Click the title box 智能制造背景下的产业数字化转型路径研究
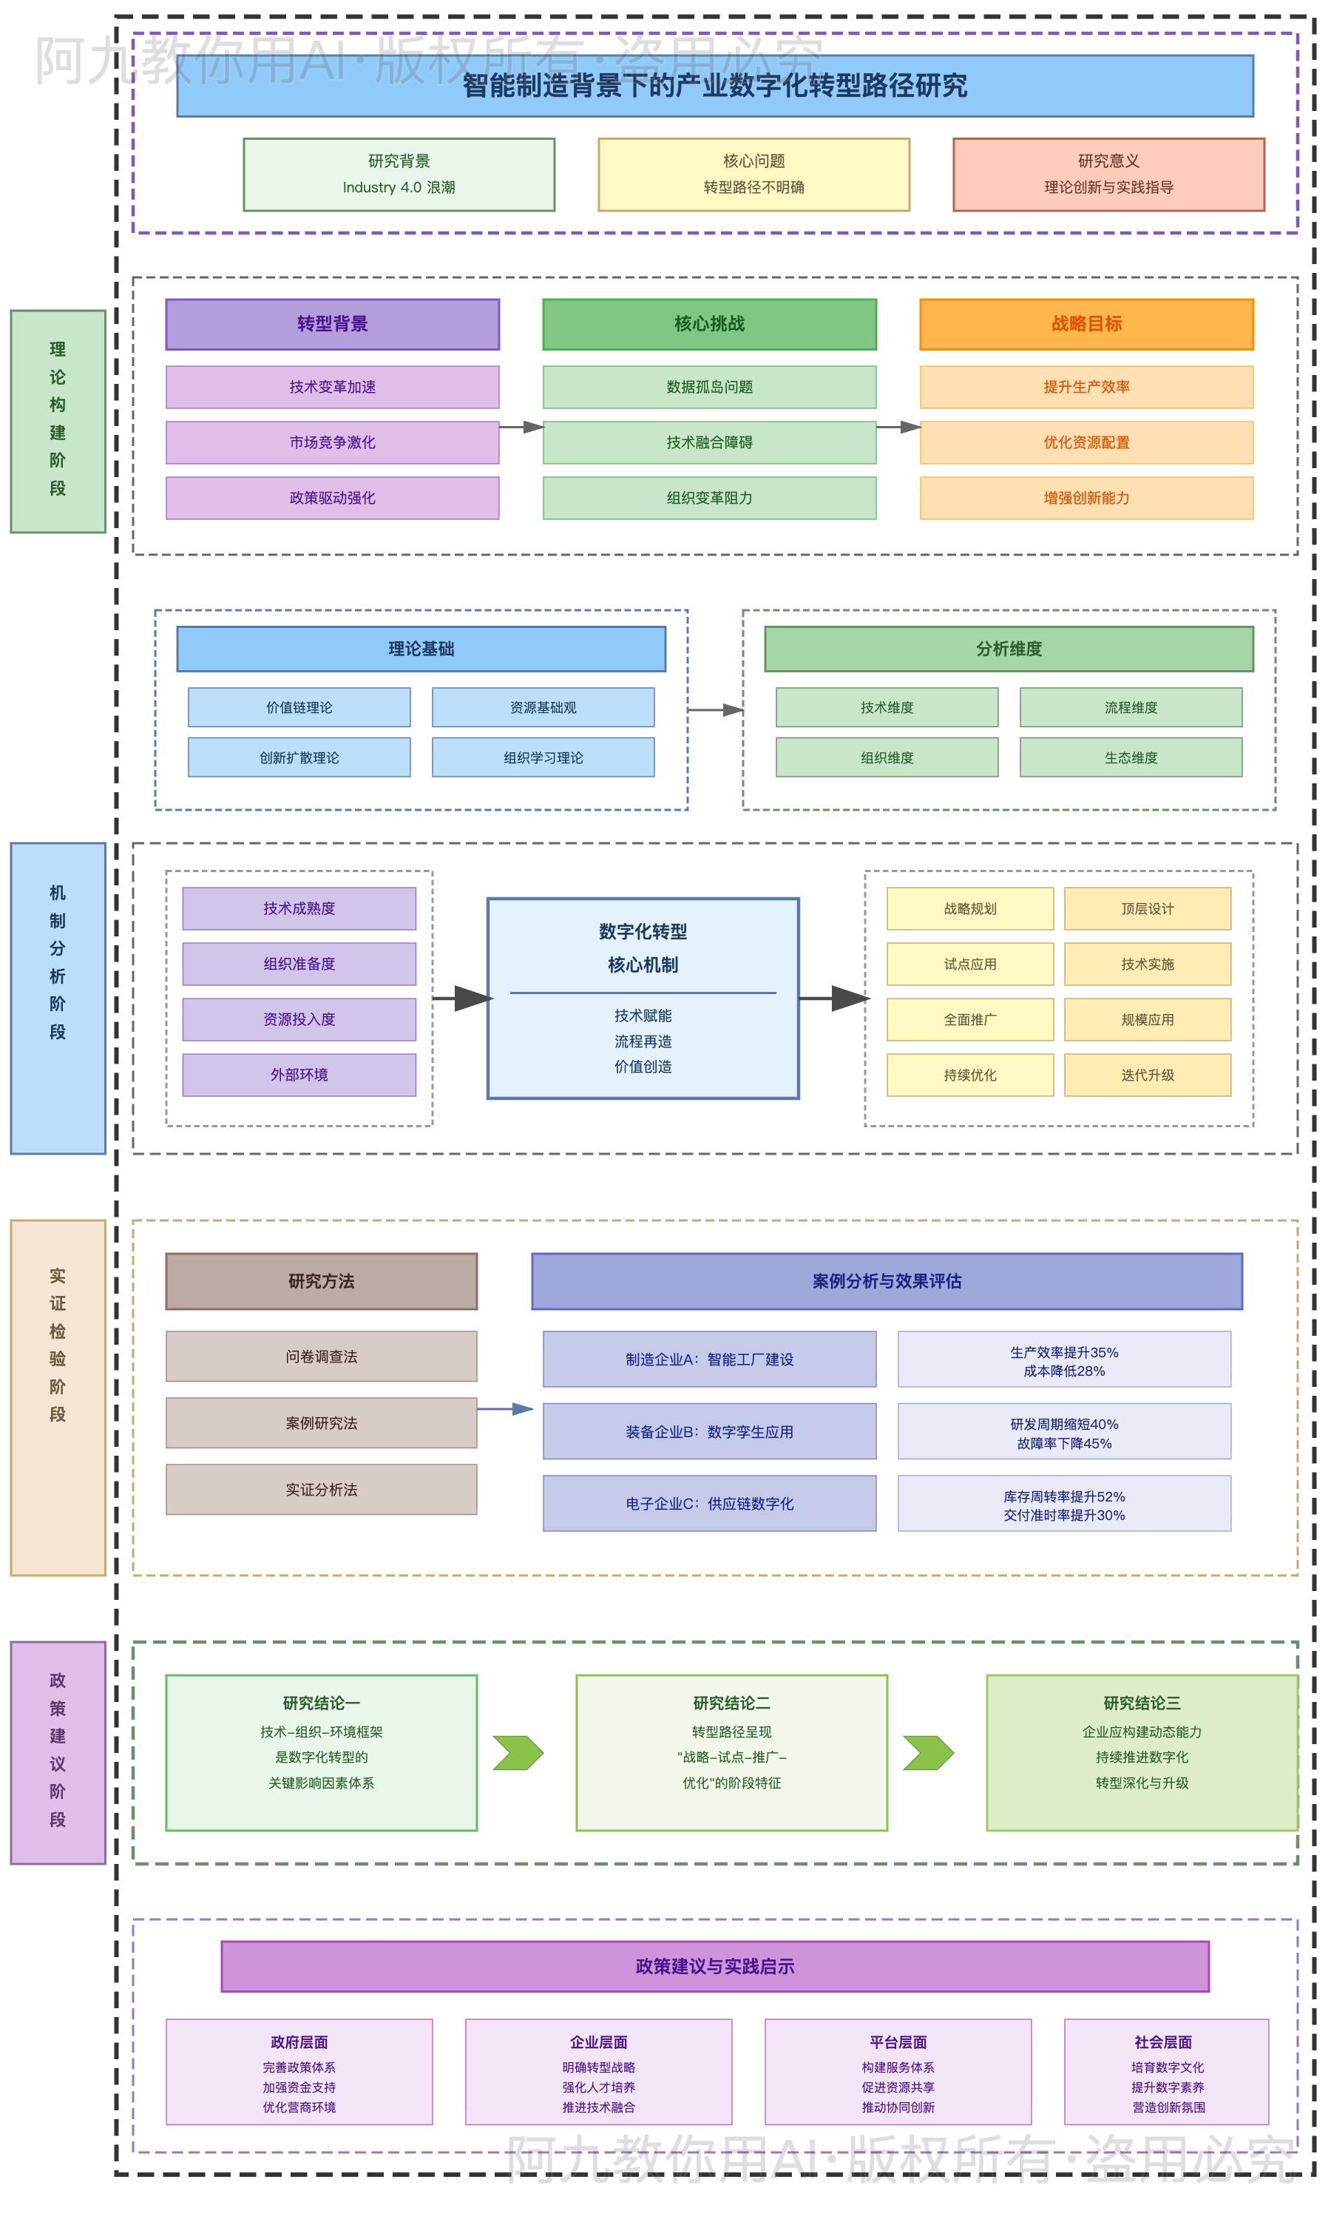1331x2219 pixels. point(715,86)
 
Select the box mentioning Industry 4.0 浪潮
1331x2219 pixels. point(399,175)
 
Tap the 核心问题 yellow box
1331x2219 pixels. point(753,175)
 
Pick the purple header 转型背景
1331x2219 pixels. point(332,324)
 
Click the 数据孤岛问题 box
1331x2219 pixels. point(709,388)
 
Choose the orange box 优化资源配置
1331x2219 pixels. point(1086,443)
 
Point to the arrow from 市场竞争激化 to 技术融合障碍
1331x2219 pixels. point(521,428)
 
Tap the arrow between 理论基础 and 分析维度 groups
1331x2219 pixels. point(715,710)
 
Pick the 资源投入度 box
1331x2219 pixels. point(299,1020)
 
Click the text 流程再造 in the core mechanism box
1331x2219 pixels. point(643,1041)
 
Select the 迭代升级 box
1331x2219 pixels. point(1147,1075)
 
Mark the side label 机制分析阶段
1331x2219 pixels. point(58,999)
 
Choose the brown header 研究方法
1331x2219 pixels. point(321,1282)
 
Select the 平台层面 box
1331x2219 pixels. point(898,2073)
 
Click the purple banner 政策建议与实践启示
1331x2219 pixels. point(715,1967)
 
